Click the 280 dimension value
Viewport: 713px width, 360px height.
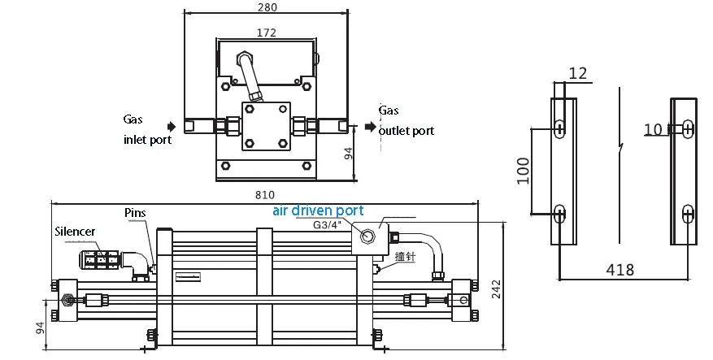tap(267, 7)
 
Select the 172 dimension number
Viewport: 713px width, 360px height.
tap(267, 33)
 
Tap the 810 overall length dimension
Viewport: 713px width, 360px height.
tap(265, 195)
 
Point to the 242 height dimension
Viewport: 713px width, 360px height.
tap(496, 289)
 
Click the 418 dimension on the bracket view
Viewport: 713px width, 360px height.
tap(620, 270)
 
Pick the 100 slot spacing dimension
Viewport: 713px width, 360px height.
tap(524, 171)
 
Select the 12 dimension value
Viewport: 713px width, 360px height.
tap(578, 73)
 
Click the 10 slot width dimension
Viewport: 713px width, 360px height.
tap(653, 130)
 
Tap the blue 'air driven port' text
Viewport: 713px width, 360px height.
tap(318, 210)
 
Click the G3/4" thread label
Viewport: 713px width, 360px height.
tap(327, 224)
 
